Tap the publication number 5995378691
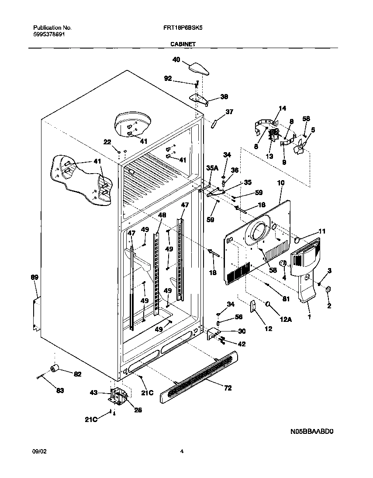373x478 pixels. (49, 34)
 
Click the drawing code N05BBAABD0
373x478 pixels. (312, 431)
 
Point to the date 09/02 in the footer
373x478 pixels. (39, 451)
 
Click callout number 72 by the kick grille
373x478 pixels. (228, 388)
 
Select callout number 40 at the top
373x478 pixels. (176, 60)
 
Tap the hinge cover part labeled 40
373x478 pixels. (199, 68)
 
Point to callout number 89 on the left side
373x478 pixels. (35, 277)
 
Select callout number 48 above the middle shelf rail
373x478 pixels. (162, 215)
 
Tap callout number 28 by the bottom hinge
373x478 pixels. (138, 410)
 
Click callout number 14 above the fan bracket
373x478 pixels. (283, 108)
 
